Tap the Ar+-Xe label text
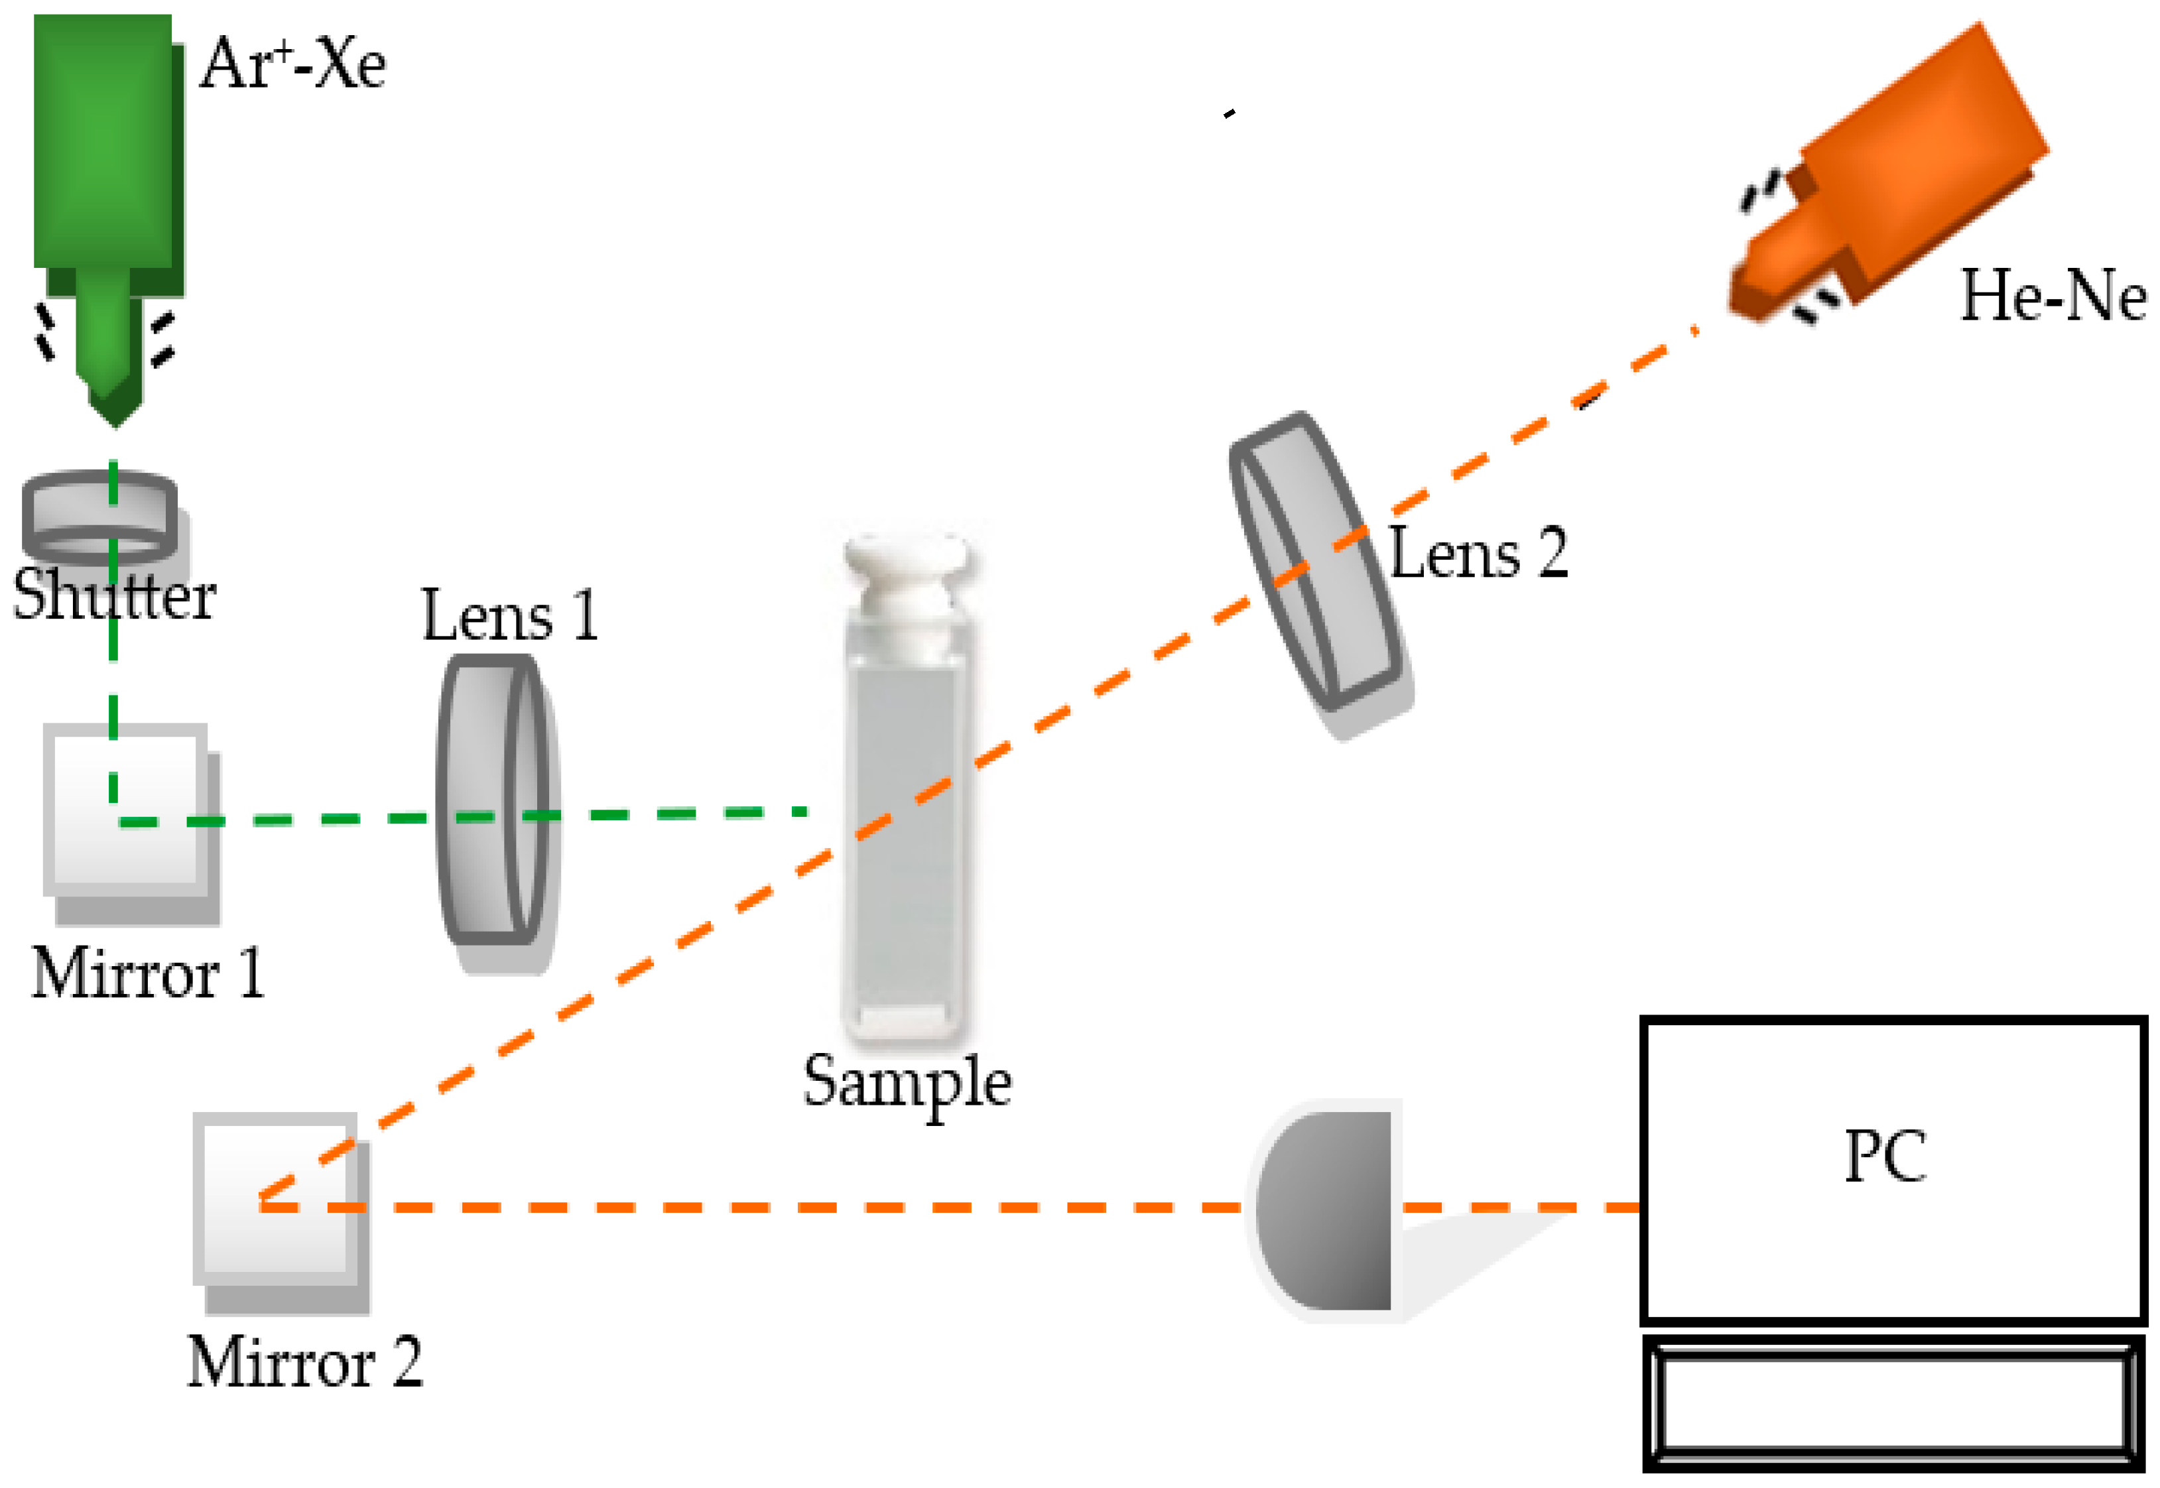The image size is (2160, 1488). (x=292, y=64)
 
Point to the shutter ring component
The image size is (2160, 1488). (x=99, y=512)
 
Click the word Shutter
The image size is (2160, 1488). (x=113, y=595)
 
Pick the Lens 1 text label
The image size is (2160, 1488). (x=509, y=615)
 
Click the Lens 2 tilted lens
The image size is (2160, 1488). (x=1314, y=560)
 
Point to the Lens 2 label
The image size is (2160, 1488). (x=1478, y=553)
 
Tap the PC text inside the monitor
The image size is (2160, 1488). (x=1885, y=1156)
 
